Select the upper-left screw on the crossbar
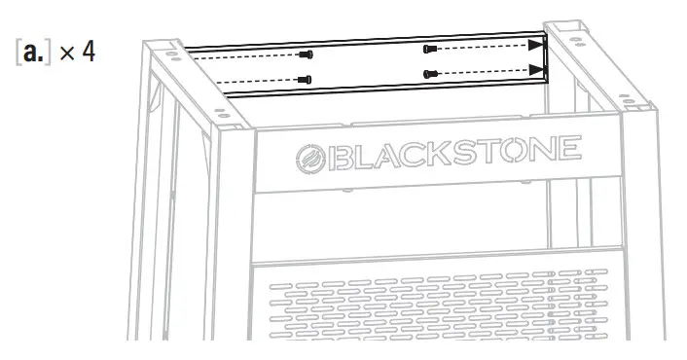[x=307, y=54]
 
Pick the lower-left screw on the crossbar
[x=307, y=79]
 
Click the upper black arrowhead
[x=535, y=44]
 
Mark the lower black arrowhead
[x=535, y=69]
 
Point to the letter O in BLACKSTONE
[x=522, y=151]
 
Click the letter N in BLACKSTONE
[x=547, y=150]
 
